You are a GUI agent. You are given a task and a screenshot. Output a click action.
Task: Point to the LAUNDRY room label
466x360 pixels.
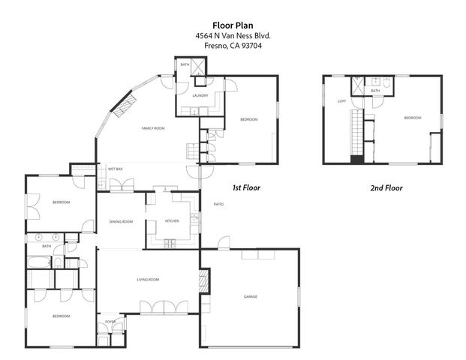click(x=200, y=95)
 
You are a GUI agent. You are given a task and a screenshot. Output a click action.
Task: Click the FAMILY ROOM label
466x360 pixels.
click(x=153, y=128)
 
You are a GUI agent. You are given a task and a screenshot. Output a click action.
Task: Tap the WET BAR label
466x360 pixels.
click(x=115, y=169)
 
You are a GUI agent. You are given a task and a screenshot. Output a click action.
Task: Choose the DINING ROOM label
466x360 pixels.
click(x=121, y=221)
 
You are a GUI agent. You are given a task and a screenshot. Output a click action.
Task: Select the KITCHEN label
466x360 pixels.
click(x=172, y=221)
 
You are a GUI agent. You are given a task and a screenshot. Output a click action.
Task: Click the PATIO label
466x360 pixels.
click(x=219, y=204)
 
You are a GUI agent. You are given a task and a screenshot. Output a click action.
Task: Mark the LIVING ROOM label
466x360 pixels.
click(x=148, y=280)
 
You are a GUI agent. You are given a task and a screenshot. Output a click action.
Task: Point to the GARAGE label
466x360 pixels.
click(x=251, y=297)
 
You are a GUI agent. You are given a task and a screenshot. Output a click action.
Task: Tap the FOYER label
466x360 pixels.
click(x=110, y=321)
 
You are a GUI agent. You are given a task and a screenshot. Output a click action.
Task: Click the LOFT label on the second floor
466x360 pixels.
click(x=341, y=100)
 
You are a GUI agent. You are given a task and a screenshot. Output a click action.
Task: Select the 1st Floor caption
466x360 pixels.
click(x=246, y=187)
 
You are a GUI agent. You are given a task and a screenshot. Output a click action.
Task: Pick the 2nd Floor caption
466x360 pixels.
click(x=387, y=187)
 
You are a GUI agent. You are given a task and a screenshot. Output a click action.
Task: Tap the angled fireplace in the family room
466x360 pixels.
click(x=125, y=103)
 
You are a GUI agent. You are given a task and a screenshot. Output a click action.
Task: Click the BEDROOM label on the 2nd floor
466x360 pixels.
click(x=413, y=118)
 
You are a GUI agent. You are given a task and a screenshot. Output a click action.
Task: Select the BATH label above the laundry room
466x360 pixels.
click(x=185, y=65)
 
